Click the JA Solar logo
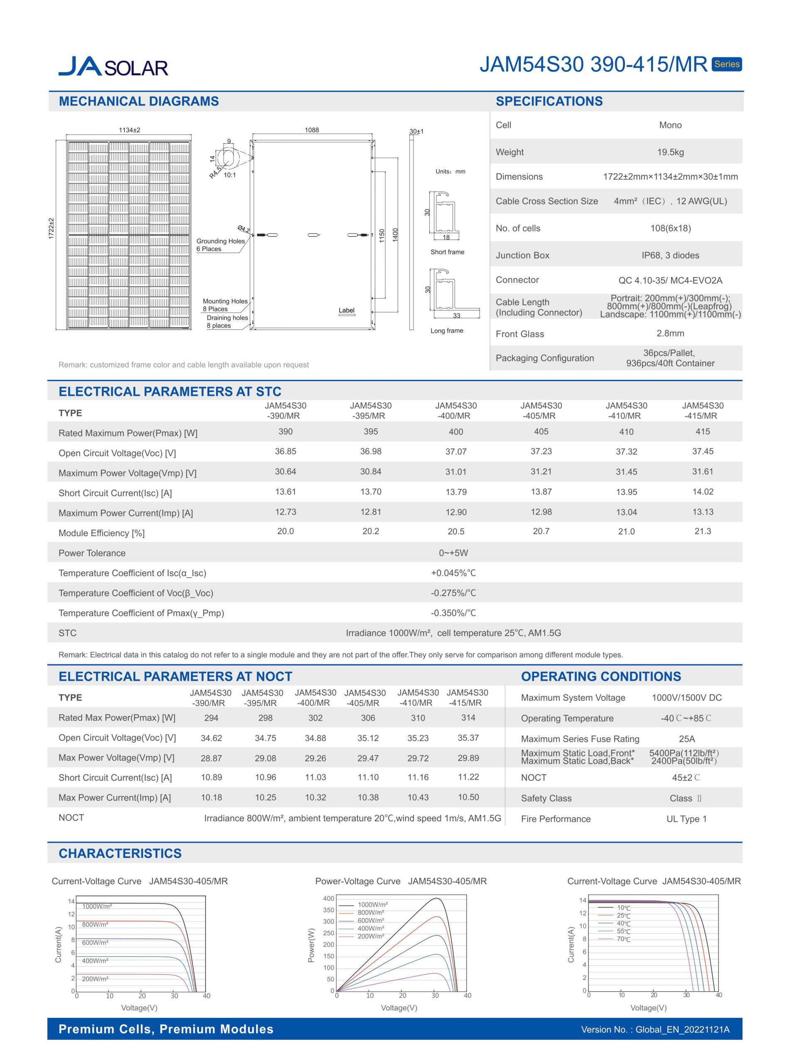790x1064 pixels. (113, 66)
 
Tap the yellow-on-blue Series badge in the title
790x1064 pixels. (726, 64)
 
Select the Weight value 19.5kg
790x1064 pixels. (670, 152)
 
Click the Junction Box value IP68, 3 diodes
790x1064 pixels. (670, 255)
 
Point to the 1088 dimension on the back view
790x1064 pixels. (312, 130)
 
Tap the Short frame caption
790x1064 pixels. (447, 252)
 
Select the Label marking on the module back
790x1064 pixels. (347, 310)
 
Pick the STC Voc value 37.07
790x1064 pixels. (456, 451)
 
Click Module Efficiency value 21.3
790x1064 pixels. (702, 531)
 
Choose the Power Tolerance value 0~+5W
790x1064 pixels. (453, 553)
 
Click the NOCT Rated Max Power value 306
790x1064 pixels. (368, 718)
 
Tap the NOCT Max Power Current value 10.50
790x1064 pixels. (468, 797)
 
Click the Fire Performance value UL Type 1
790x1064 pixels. (686, 819)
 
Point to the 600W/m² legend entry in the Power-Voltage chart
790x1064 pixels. (371, 921)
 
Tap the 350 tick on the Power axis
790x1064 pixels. (329, 910)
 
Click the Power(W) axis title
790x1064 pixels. (311, 945)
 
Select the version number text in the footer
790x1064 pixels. (655, 1029)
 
